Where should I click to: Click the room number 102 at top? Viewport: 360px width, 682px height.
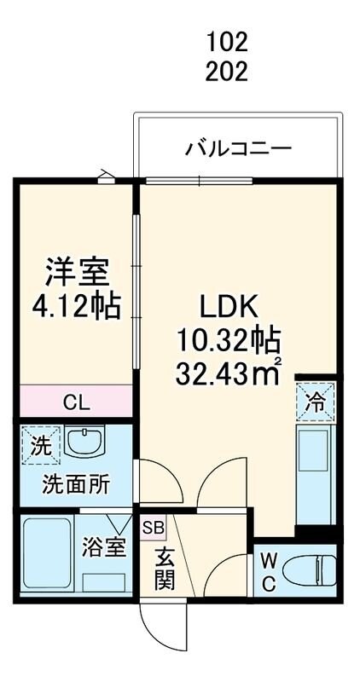point(226,40)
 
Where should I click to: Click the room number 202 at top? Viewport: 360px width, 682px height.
point(226,72)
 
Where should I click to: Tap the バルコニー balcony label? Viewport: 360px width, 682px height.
point(239,149)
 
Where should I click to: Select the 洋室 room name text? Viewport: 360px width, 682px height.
point(77,273)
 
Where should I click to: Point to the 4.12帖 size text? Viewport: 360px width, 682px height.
point(77,304)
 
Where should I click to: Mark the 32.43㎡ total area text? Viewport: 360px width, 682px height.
point(228,373)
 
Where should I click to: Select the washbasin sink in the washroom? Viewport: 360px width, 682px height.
point(84,444)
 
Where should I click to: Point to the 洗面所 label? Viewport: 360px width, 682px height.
point(77,484)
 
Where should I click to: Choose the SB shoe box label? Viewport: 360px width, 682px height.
point(153,529)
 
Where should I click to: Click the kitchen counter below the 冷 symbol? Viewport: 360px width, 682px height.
point(315,473)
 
